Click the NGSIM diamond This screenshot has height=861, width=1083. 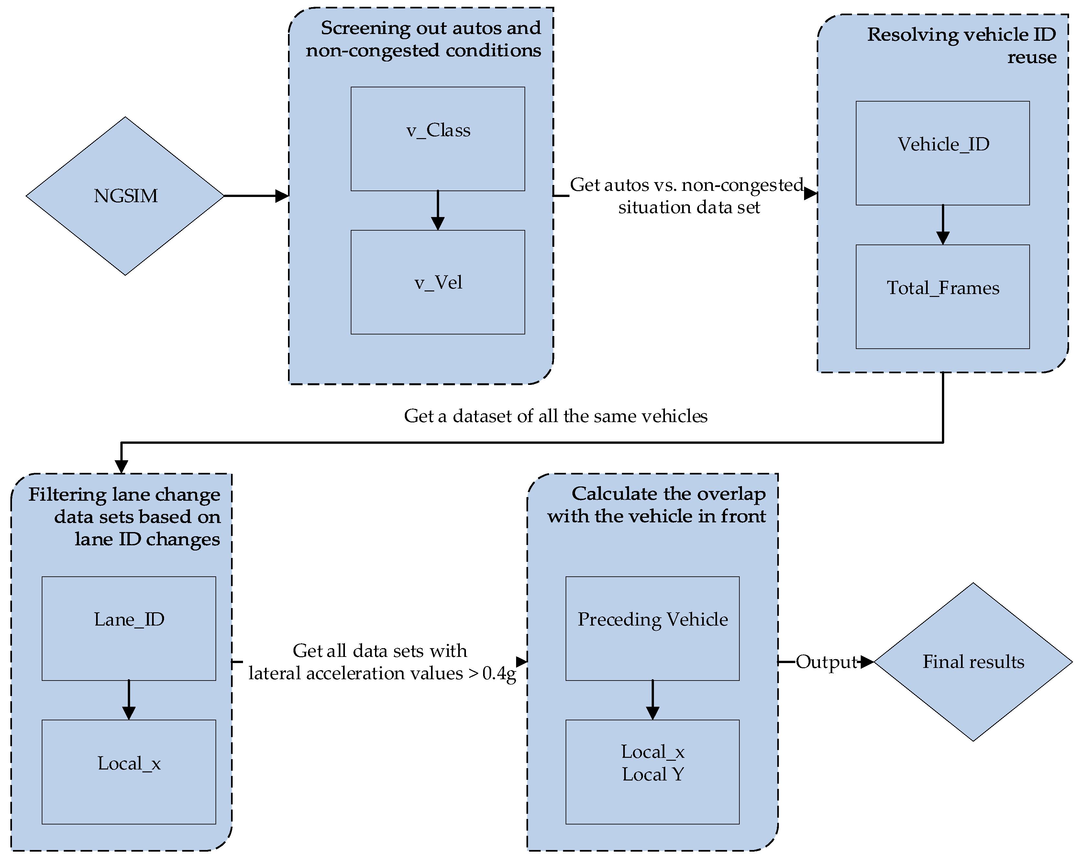click(x=125, y=196)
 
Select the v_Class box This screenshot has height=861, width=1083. click(x=437, y=139)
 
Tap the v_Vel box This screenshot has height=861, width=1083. click(x=437, y=282)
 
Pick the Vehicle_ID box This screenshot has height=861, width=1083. click(x=942, y=153)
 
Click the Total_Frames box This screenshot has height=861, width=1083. click(x=942, y=296)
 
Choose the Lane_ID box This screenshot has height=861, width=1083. click(x=128, y=628)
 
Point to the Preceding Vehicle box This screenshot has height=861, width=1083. click(x=652, y=628)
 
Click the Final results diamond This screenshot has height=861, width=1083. click(x=973, y=662)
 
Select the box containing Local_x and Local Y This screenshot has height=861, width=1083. click(x=652, y=772)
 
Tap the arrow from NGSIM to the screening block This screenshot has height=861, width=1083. click(x=256, y=196)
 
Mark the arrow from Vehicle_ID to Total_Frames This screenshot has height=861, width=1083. click(x=942, y=225)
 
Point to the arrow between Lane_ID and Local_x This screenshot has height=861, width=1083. click(x=128, y=700)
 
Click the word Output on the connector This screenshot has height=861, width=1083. click(x=826, y=662)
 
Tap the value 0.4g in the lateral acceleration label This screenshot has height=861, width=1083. click(x=499, y=673)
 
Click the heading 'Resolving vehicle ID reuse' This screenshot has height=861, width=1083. click(x=961, y=45)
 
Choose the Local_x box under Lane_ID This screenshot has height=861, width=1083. click(x=128, y=772)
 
